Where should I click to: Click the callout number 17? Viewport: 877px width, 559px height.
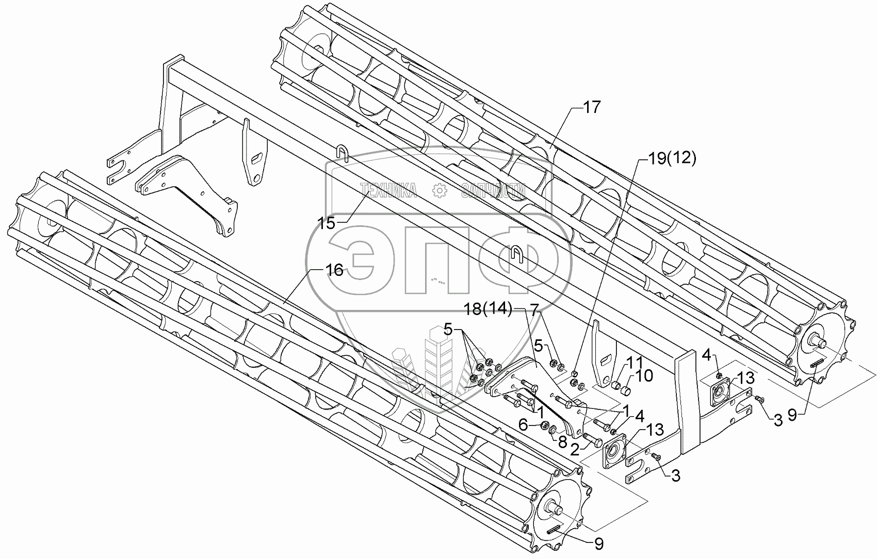pos(592,108)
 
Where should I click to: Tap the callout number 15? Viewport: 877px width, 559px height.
pos(326,223)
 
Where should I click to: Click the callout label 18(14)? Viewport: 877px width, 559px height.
pos(487,310)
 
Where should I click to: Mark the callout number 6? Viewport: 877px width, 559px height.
pos(523,424)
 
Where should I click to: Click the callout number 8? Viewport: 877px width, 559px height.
pos(561,441)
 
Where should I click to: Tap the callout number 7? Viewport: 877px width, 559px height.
pos(533,310)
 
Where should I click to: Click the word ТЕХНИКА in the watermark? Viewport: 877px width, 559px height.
pos(390,191)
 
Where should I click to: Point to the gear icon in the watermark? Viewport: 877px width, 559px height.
pos(440,191)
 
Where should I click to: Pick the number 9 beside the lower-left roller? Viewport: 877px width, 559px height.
pos(598,543)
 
